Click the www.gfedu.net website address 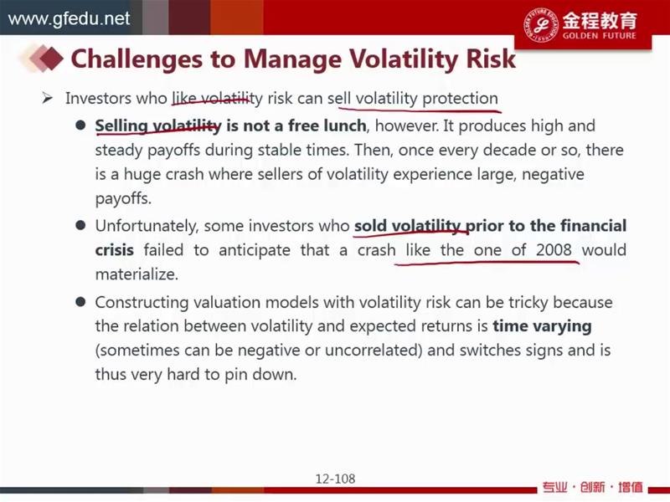tap(69, 18)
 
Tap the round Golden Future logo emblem tap(541, 24)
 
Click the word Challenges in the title tap(137, 59)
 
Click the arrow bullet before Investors tap(48, 99)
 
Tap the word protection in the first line tap(460, 99)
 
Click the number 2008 tap(554, 249)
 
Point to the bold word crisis tap(114, 249)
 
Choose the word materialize tap(137, 274)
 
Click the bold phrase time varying tap(542, 326)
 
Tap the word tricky tap(528, 303)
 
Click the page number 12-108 tap(336, 479)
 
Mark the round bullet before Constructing tap(80, 302)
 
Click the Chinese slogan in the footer tap(593, 487)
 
